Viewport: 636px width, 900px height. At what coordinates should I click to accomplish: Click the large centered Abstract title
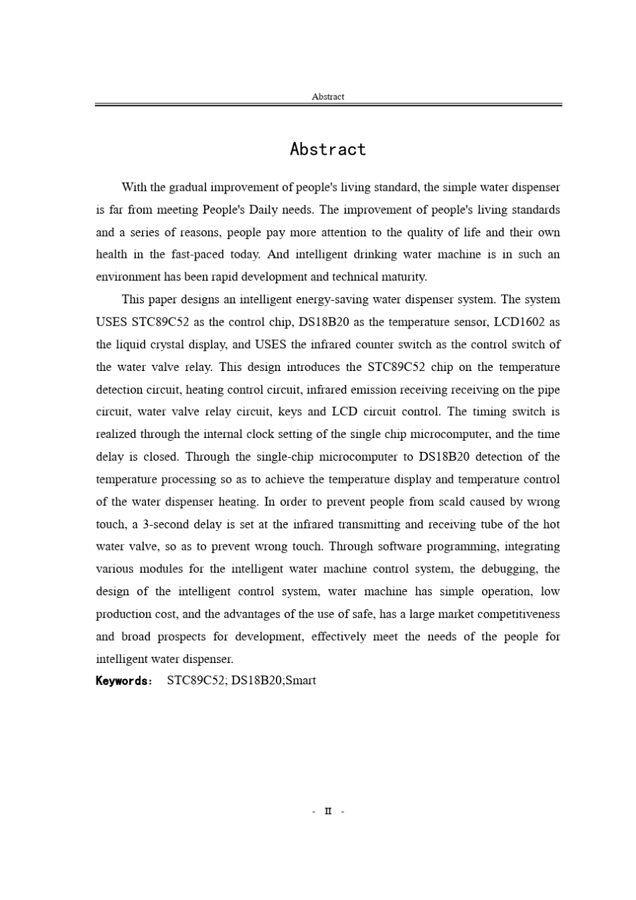click(327, 149)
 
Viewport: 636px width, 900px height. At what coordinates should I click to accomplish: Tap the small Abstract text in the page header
click(327, 96)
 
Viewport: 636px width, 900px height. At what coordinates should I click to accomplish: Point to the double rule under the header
click(327, 104)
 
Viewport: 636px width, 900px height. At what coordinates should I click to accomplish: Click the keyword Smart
click(301, 680)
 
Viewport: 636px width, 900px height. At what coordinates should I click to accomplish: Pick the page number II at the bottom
click(327, 812)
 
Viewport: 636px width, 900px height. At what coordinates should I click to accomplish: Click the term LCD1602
click(519, 322)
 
